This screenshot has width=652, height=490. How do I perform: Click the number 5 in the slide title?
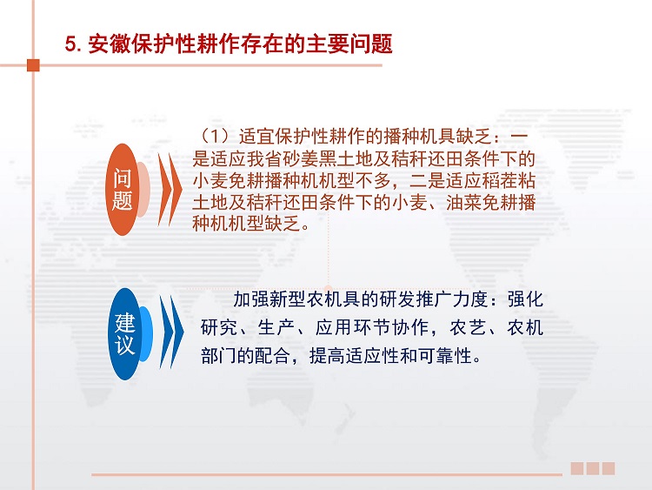pos(70,44)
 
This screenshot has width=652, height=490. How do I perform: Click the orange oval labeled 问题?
pos(123,190)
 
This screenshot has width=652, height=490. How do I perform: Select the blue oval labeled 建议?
pos(124,334)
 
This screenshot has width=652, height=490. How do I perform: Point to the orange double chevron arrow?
pos(170,190)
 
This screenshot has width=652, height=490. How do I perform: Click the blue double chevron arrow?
pos(172,332)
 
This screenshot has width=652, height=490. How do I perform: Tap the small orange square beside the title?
pos(33,65)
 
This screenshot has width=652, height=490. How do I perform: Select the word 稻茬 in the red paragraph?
pos(499,181)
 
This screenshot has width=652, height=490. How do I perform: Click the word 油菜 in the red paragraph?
pos(463,202)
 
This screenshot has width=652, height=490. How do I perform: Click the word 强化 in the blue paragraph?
pos(525,299)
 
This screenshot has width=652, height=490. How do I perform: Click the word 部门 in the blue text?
pos(218,356)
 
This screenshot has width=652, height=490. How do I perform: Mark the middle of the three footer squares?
pos(593,468)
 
